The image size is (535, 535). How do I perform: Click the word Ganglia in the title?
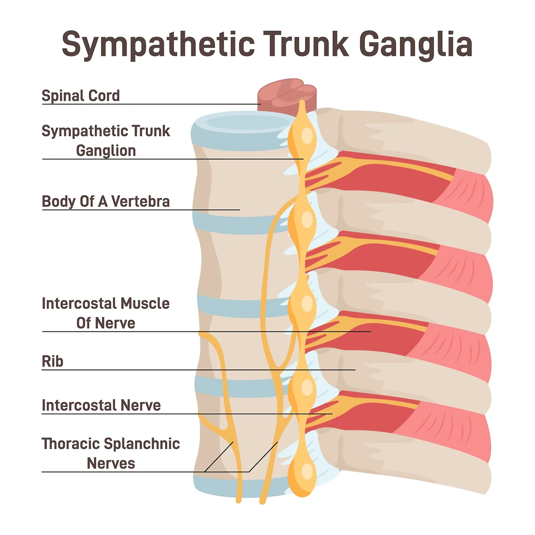416,44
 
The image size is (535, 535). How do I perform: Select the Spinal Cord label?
81,96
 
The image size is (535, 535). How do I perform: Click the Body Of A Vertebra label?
106,201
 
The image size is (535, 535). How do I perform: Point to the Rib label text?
53,361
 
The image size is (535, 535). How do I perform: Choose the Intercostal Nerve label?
101,405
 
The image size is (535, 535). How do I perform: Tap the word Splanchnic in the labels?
142,443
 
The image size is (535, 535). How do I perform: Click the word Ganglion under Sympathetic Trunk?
106,151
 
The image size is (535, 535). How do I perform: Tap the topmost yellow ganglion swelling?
302,136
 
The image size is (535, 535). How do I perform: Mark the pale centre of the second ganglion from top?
307,220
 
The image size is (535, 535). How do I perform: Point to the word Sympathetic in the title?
158,44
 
